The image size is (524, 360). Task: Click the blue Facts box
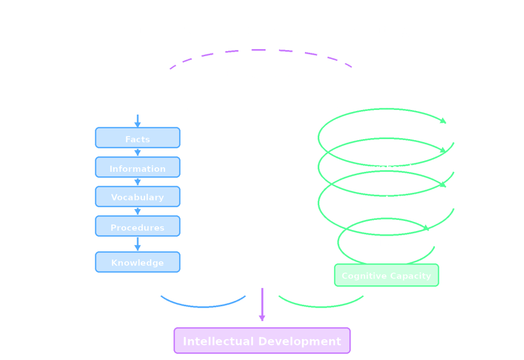point(137,138)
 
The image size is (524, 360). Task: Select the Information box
point(137,168)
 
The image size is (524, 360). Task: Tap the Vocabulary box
point(137,197)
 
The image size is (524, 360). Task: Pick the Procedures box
point(137,227)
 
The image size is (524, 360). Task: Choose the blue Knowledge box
point(137,262)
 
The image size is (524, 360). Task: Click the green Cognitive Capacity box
point(386,276)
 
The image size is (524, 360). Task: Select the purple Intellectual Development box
point(262,341)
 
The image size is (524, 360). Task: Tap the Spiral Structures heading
point(386,109)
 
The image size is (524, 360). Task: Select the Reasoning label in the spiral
point(386,138)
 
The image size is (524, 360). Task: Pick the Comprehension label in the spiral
point(386,168)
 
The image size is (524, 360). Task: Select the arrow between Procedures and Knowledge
point(137,244)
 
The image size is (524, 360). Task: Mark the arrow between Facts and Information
point(137,152)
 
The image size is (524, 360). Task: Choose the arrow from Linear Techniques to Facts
point(137,121)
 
